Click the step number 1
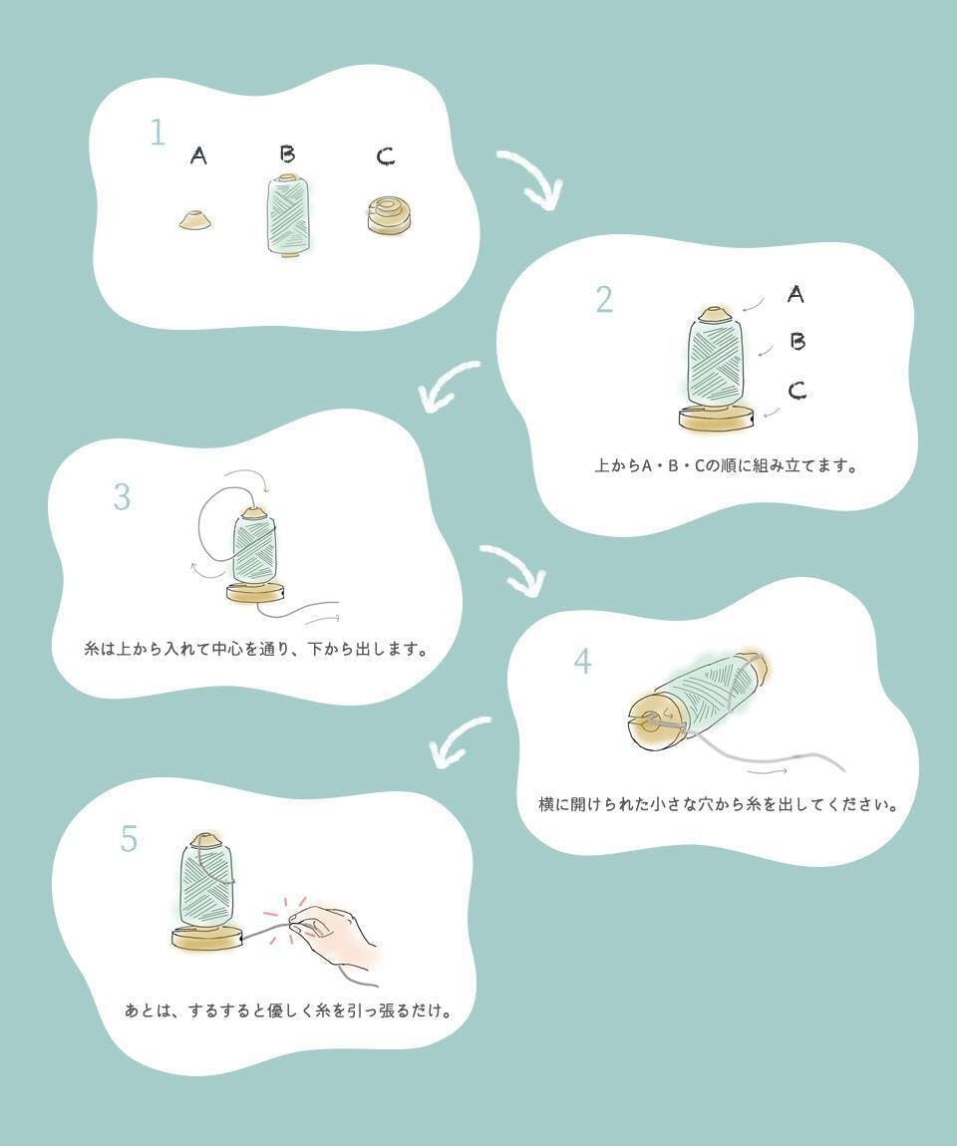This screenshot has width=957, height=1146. pyautogui.click(x=158, y=133)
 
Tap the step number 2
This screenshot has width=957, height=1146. pyautogui.click(x=604, y=300)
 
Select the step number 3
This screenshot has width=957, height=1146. pyautogui.click(x=122, y=497)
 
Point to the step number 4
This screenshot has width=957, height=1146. pyautogui.click(x=583, y=662)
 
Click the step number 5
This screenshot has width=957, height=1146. pyautogui.click(x=129, y=839)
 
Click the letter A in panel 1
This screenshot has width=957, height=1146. pyautogui.click(x=198, y=154)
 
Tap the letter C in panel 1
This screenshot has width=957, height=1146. pyautogui.click(x=386, y=156)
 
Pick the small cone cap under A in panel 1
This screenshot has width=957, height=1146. pyautogui.click(x=196, y=220)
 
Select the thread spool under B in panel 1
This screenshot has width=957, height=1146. pyautogui.click(x=289, y=215)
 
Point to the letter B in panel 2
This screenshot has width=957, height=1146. pyautogui.click(x=797, y=342)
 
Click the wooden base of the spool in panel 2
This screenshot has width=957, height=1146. pyautogui.click(x=717, y=419)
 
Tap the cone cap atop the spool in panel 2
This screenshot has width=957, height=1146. pyautogui.click(x=715, y=316)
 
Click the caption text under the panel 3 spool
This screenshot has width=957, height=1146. pyautogui.click(x=255, y=649)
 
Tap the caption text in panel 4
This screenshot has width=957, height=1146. pyautogui.click(x=718, y=804)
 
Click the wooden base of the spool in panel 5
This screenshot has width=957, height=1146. pyautogui.click(x=207, y=939)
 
